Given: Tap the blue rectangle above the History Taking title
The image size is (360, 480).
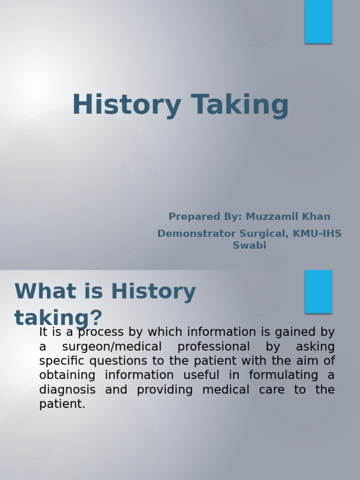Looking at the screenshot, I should coord(318,22).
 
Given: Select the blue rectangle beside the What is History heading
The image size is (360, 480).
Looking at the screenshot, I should coord(318,291).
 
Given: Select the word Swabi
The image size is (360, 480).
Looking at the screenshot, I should coord(249,245).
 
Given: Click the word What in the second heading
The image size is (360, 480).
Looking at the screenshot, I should coord(39,292).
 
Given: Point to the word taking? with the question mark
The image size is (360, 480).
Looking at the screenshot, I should coord(58,318).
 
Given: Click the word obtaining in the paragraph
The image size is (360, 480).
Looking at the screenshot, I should coord(67,375).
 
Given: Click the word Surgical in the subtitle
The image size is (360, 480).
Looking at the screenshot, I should coord(263,233).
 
